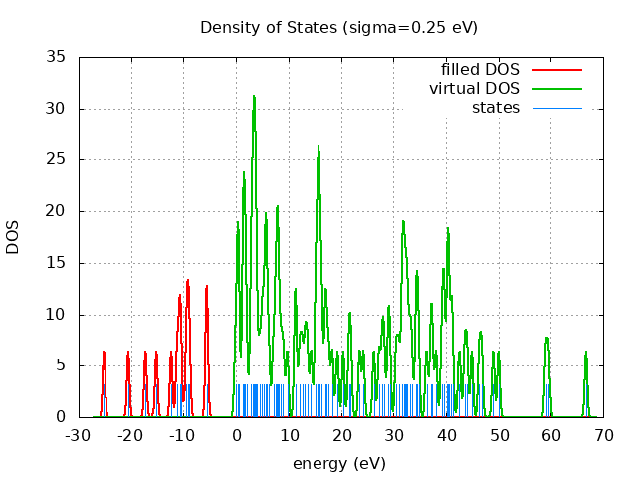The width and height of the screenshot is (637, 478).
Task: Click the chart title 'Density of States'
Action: [x=269, y=27]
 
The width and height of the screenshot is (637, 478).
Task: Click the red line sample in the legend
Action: [x=556, y=70]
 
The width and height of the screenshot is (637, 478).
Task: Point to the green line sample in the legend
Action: [x=556, y=89]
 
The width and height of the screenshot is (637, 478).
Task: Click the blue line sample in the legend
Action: [x=556, y=108]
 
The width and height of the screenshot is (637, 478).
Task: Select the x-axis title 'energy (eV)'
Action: [x=338, y=463]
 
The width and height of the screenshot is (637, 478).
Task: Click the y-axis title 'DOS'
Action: [x=13, y=237]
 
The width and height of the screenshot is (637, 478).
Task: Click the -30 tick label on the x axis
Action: [x=78, y=435]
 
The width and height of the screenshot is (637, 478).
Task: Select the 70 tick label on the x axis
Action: [x=603, y=435]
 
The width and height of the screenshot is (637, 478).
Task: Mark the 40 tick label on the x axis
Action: [x=446, y=435]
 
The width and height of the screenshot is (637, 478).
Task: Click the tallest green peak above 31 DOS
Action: [x=254, y=97]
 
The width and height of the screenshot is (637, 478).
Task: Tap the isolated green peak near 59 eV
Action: [x=546, y=340]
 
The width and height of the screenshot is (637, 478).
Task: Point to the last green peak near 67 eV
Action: [x=586, y=353]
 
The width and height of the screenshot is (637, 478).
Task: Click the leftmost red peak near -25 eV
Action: [x=104, y=353]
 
